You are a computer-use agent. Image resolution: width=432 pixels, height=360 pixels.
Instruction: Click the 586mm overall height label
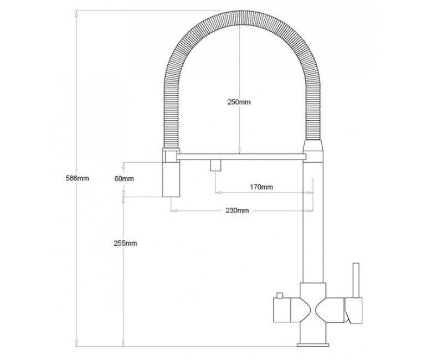77,178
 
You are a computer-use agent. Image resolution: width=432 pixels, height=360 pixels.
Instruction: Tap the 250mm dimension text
239,102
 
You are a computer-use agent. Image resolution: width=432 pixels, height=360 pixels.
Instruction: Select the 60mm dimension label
124,179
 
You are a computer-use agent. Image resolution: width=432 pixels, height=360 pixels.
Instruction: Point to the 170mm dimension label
261,187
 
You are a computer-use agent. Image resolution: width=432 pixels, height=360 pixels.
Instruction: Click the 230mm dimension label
237,210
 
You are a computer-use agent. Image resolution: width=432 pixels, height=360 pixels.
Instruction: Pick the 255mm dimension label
125,243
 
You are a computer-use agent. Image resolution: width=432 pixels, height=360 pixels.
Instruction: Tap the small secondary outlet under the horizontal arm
216,165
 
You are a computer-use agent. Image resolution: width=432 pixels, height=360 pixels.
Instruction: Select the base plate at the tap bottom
313,344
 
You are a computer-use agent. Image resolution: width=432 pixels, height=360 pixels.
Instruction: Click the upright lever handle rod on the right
356,280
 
